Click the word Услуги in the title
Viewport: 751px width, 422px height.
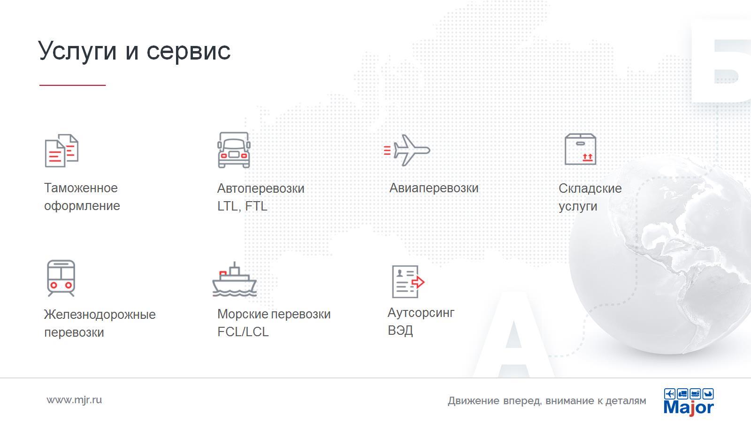coord(77,51)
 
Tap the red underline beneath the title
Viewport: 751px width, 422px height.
coord(72,85)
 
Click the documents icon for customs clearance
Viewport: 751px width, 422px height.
coord(61,151)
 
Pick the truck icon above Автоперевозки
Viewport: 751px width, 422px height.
coord(234,150)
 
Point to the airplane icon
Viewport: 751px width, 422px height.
coord(407,150)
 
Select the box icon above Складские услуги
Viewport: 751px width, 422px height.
coord(580,149)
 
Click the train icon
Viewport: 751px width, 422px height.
coord(61,278)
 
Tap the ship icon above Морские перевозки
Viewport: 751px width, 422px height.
coord(234,279)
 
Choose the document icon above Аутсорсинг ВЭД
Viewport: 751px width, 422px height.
coord(408,282)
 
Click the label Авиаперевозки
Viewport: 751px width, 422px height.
coord(434,188)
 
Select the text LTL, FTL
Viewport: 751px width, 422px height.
coord(242,206)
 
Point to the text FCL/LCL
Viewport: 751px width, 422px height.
coord(243,332)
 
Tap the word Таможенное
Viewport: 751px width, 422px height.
coord(81,188)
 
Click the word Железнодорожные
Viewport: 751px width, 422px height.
coord(100,315)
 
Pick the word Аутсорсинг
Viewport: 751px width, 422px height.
coord(421,313)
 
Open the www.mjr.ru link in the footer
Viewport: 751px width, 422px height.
coord(74,400)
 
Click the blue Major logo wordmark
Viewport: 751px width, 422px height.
coord(689,407)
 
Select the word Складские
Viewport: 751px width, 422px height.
coord(590,188)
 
